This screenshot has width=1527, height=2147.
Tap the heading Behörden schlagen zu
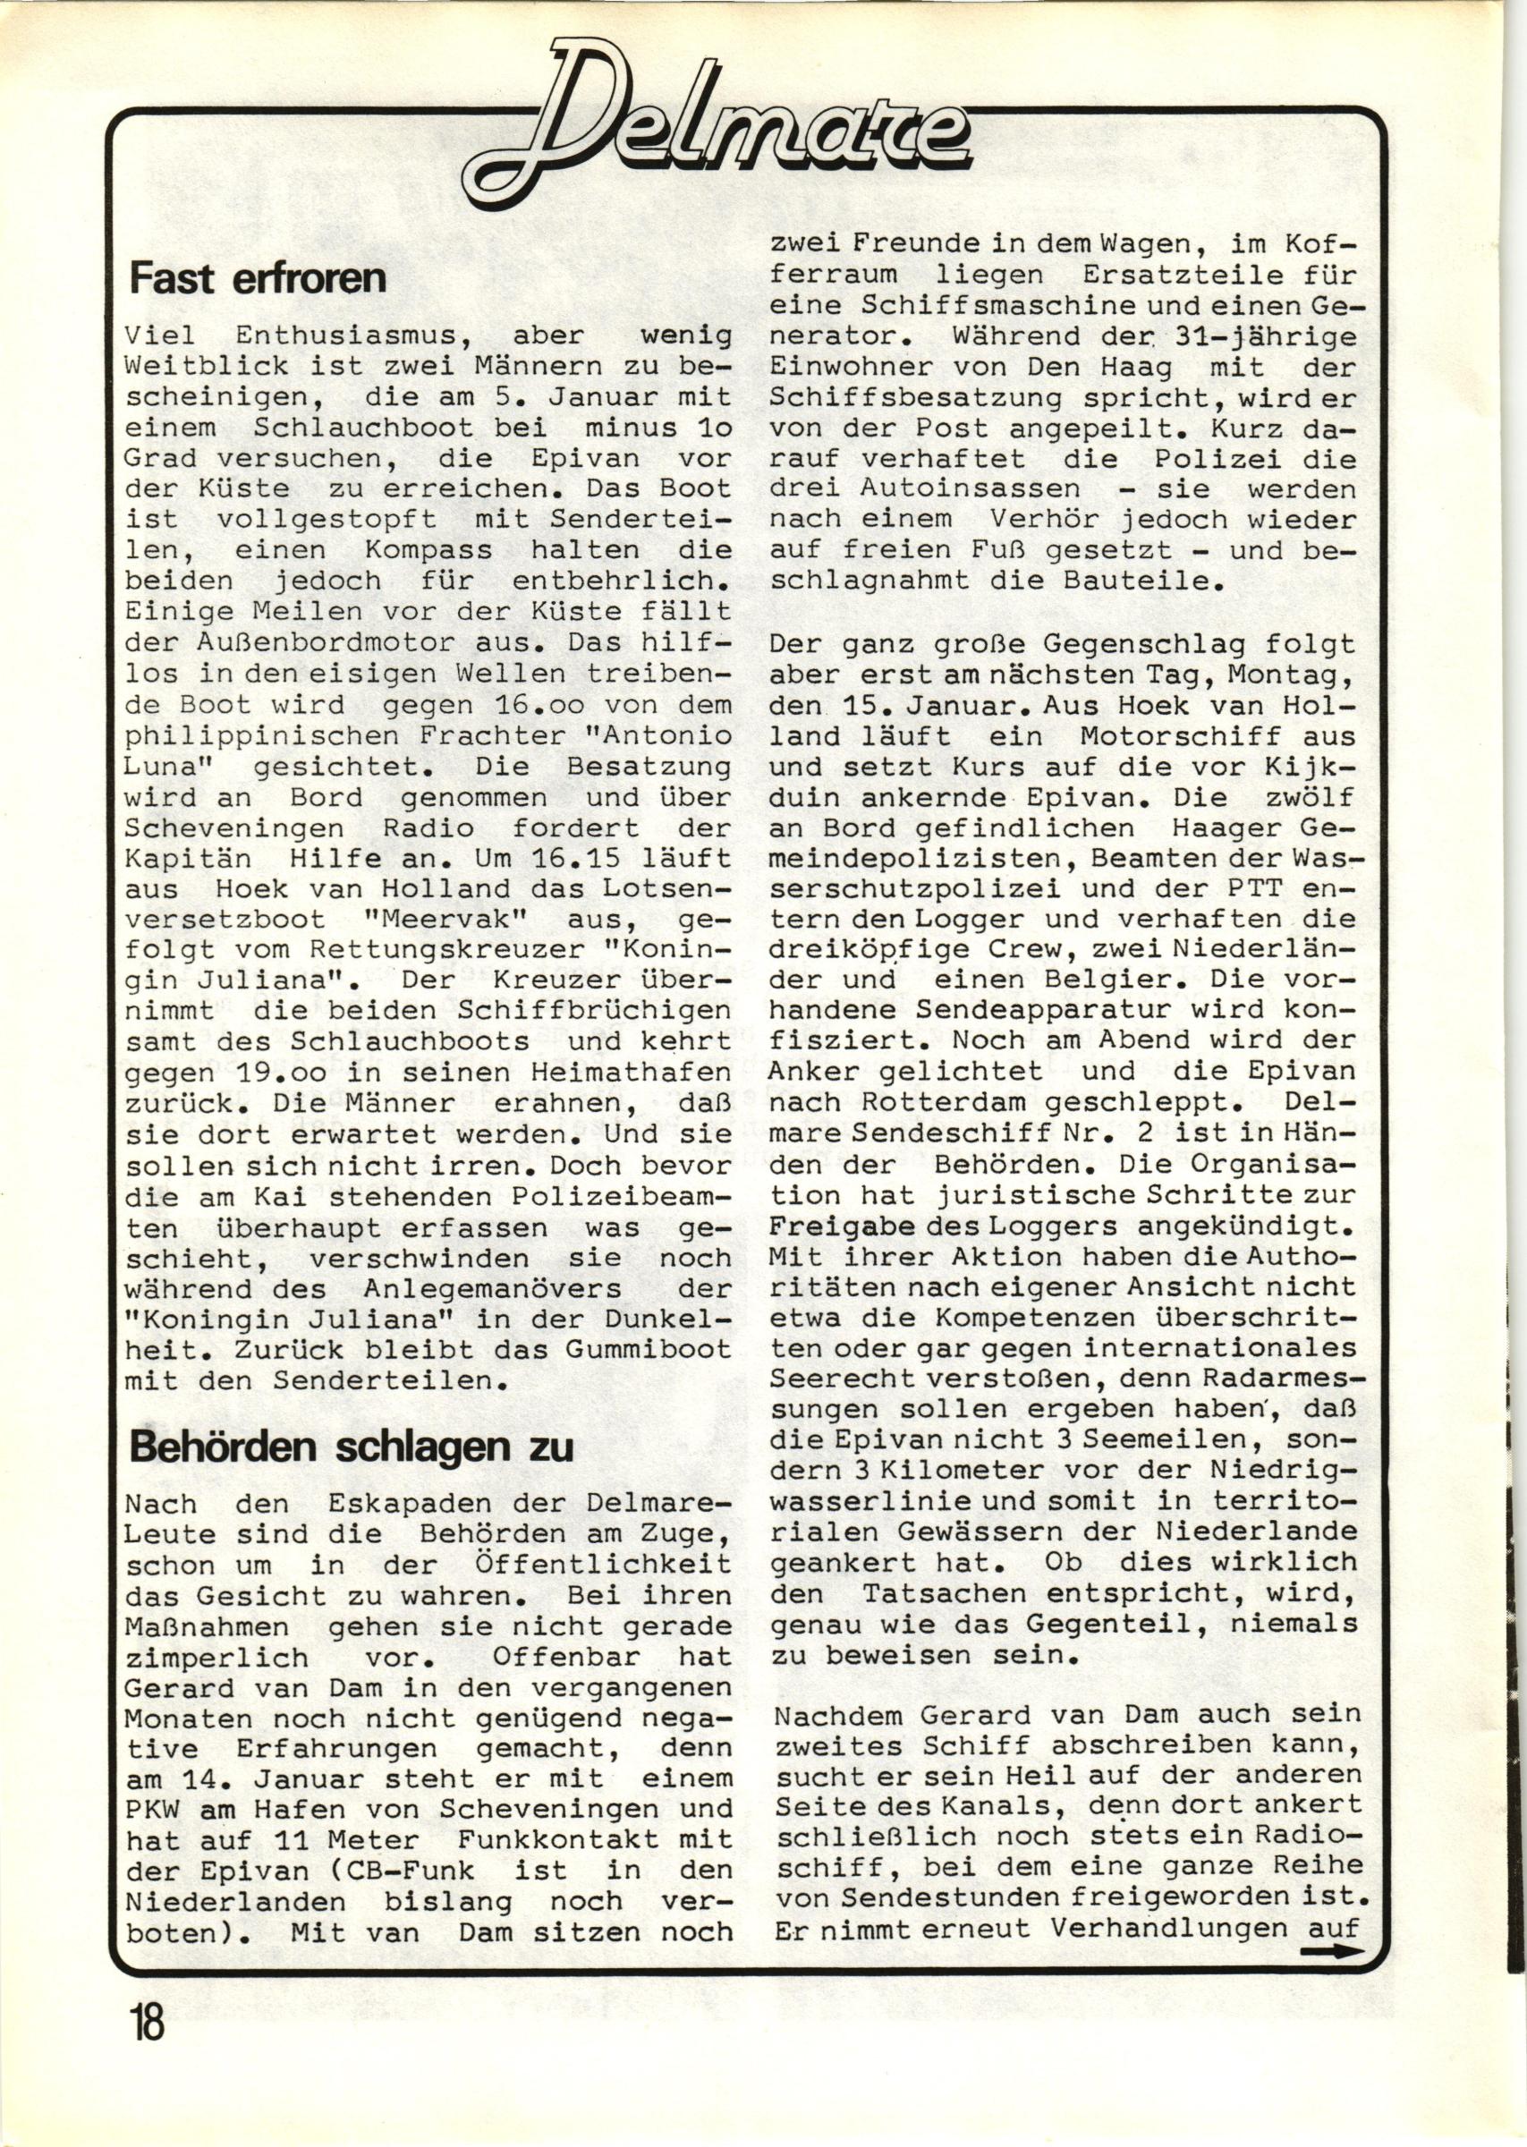(350, 1447)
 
